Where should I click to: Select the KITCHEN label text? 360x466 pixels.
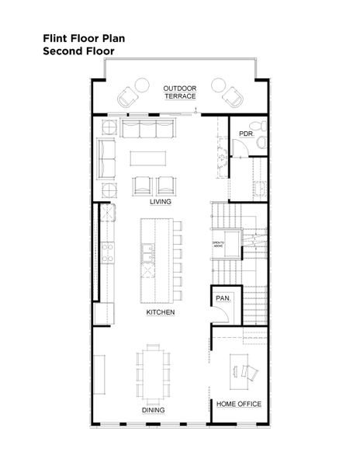[161, 312]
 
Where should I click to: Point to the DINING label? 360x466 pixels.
[153, 411]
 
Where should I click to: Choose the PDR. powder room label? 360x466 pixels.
[247, 133]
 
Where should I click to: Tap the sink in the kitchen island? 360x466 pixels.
[147, 250]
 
